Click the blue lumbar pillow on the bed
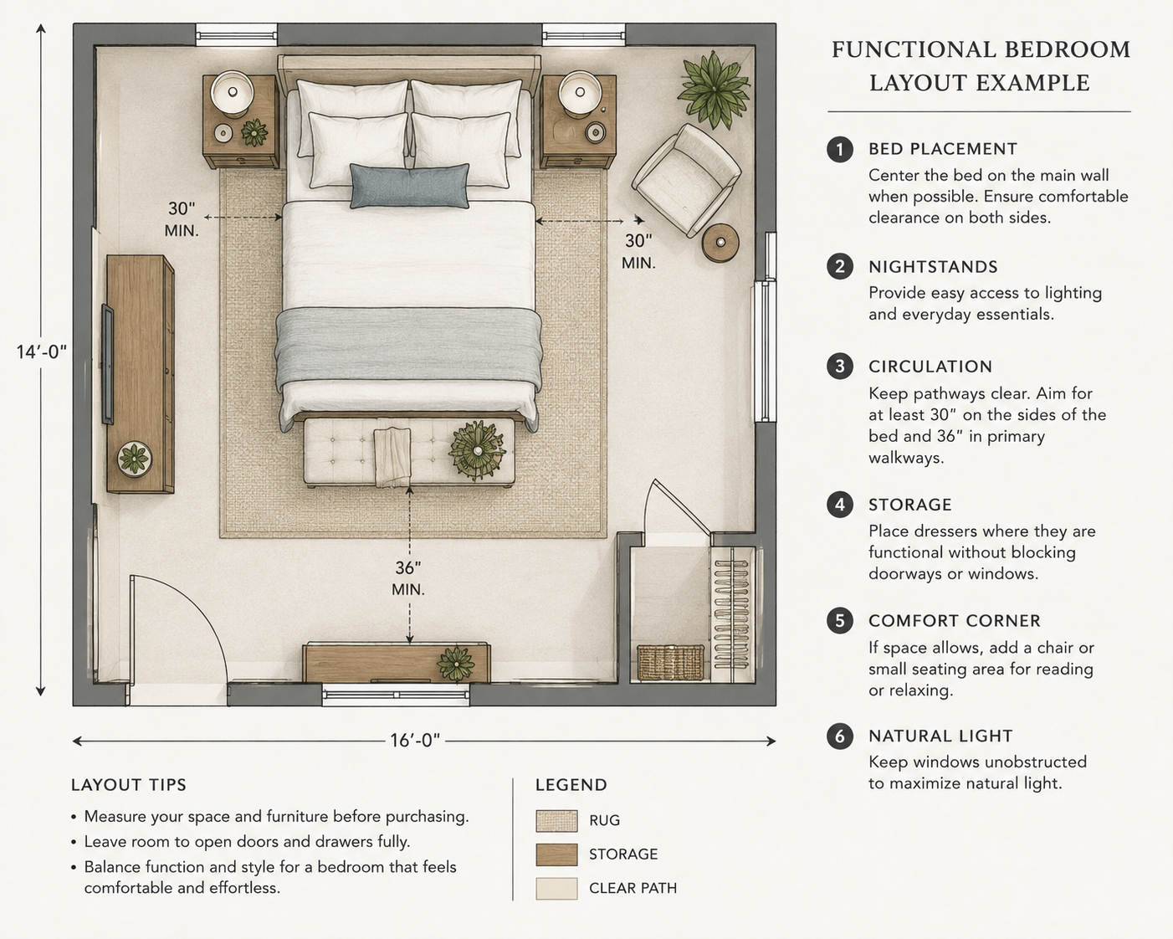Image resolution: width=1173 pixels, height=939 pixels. [x=409, y=186]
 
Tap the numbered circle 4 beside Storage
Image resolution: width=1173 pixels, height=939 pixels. [x=839, y=505]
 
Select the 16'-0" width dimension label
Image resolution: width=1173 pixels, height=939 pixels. [x=415, y=741]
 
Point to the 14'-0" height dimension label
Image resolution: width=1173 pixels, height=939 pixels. [x=42, y=352]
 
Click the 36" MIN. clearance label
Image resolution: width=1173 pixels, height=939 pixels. [x=408, y=578]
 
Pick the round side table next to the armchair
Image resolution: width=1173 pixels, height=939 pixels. [x=720, y=243]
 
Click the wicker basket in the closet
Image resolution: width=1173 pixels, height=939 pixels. [x=670, y=663]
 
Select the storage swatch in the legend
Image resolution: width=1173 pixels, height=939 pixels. [x=556, y=854]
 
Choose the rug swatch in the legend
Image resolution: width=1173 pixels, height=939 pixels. [x=556, y=821]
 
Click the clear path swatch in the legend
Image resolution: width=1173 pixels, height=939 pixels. [x=556, y=888]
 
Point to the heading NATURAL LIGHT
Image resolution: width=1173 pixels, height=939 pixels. [x=940, y=736]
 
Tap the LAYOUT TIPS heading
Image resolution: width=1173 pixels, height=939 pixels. [x=129, y=785]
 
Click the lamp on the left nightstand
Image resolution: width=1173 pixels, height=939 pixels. [x=233, y=93]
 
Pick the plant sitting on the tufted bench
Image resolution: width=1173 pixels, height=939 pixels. [x=477, y=450]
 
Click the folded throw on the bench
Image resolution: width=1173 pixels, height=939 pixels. [x=392, y=457]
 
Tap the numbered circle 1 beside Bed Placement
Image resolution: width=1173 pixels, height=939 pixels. [x=839, y=150]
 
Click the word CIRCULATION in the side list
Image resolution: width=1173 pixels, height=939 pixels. [x=930, y=367]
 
